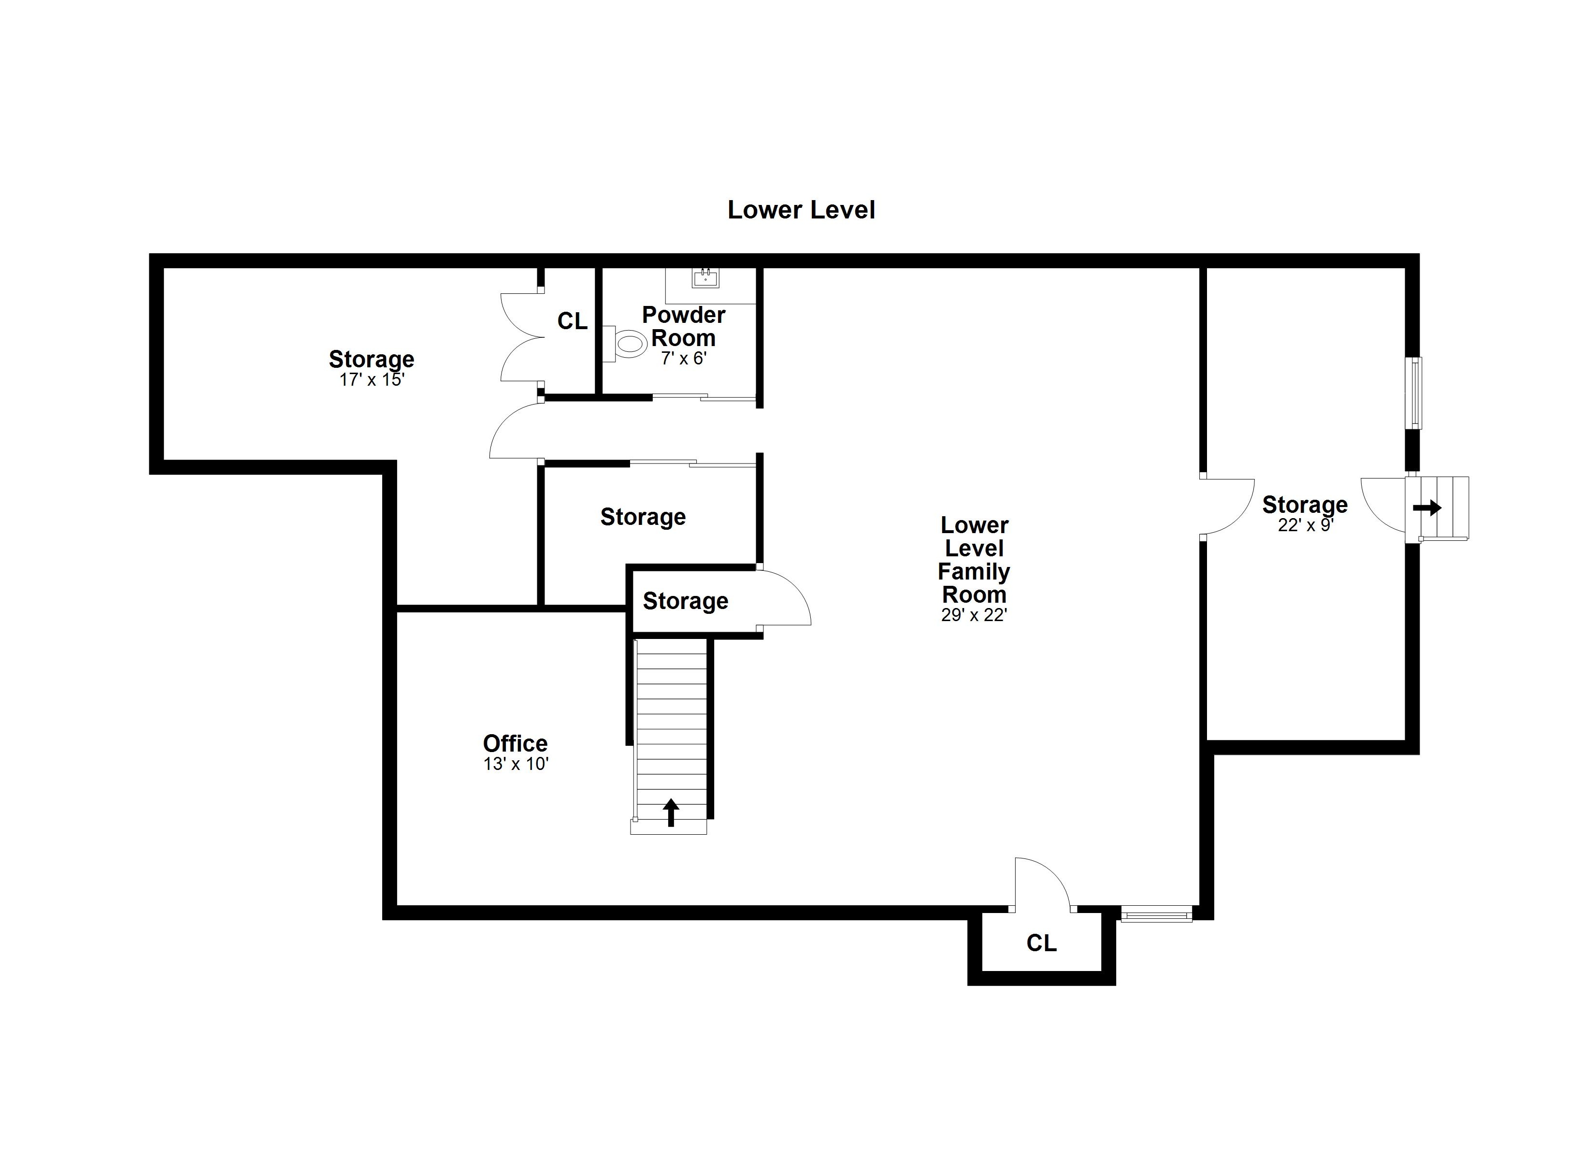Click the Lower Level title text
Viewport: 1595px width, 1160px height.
click(801, 210)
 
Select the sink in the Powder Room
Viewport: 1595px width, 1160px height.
click(705, 278)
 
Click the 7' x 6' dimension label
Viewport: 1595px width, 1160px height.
click(684, 358)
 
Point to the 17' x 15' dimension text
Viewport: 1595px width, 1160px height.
click(372, 380)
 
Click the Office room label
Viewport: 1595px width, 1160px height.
click(516, 743)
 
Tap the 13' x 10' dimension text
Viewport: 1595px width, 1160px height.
click(516, 764)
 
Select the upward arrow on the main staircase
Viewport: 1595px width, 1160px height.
click(671, 812)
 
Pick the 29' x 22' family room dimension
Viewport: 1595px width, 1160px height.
click(974, 615)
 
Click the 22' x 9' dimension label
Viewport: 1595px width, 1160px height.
click(1305, 525)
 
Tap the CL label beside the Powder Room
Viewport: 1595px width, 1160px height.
click(573, 321)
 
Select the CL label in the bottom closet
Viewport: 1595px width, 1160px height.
click(1042, 943)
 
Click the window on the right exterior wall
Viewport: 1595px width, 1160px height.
click(1413, 393)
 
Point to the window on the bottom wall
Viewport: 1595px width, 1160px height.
click(1156, 915)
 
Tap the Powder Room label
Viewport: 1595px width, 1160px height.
click(684, 326)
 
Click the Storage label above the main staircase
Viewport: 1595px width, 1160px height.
click(686, 601)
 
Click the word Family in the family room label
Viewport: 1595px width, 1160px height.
click(974, 572)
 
